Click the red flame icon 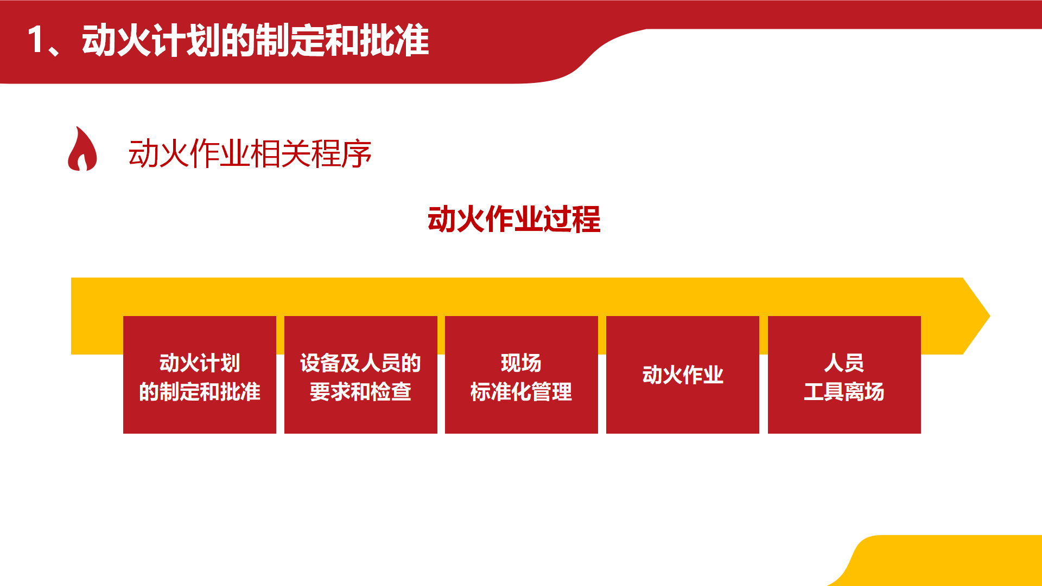point(82,149)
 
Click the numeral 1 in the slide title point(36,40)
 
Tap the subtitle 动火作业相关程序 point(250,153)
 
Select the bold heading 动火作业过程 point(514,220)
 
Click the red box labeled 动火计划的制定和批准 point(200,375)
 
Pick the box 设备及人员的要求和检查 point(361,375)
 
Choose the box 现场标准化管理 point(522,375)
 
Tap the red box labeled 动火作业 point(683,375)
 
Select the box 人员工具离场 point(844,375)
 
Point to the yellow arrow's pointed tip point(989,316)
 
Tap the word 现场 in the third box point(521,363)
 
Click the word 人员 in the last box point(844,363)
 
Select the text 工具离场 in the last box point(844,391)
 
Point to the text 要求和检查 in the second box point(360,391)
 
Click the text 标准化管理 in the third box point(521,391)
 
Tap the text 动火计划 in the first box point(200,363)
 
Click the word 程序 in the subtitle point(341,153)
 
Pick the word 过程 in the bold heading point(572,220)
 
